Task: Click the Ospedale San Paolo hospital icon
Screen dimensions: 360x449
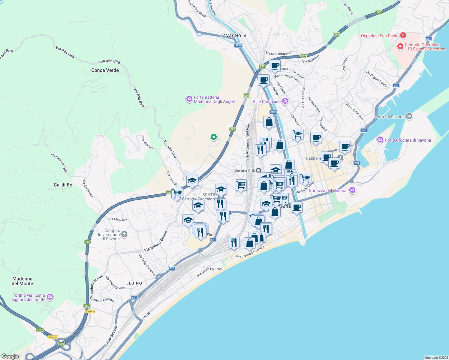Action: (x=403, y=35)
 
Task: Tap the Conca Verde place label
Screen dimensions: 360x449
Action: (x=105, y=70)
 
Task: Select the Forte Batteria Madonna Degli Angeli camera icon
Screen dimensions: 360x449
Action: (x=189, y=99)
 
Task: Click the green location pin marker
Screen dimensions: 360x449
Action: (x=214, y=137)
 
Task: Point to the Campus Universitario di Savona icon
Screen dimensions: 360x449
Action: (x=125, y=234)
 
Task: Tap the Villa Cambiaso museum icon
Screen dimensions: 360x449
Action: (x=285, y=101)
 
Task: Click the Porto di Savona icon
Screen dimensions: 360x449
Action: (x=409, y=116)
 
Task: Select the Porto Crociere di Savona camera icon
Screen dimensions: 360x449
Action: (x=380, y=140)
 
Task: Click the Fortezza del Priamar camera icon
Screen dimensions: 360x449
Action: (x=352, y=190)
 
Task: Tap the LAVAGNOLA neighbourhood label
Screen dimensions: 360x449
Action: (x=234, y=36)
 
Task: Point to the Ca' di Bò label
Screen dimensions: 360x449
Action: (x=63, y=185)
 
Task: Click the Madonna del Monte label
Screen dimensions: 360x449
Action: (x=23, y=281)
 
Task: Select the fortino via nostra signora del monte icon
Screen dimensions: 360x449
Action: (x=50, y=297)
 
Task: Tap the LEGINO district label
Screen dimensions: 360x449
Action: (x=134, y=283)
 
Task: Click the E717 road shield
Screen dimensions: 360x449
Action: (x=40, y=330)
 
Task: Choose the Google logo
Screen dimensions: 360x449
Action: (x=10, y=356)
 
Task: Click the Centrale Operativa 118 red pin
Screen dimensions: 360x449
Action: (x=400, y=46)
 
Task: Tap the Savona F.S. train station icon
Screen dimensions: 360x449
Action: (x=258, y=170)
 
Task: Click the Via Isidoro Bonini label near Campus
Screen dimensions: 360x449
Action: (x=155, y=241)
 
